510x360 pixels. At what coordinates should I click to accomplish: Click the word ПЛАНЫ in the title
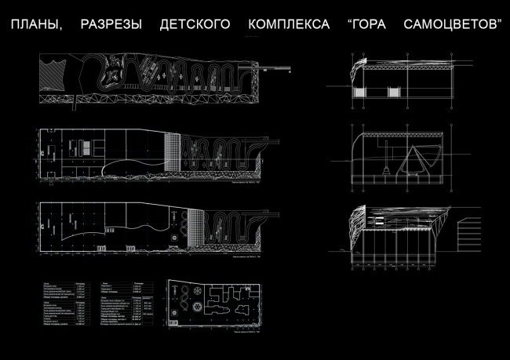(x=35, y=25)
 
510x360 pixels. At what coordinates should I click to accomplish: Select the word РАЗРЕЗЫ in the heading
(x=111, y=25)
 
